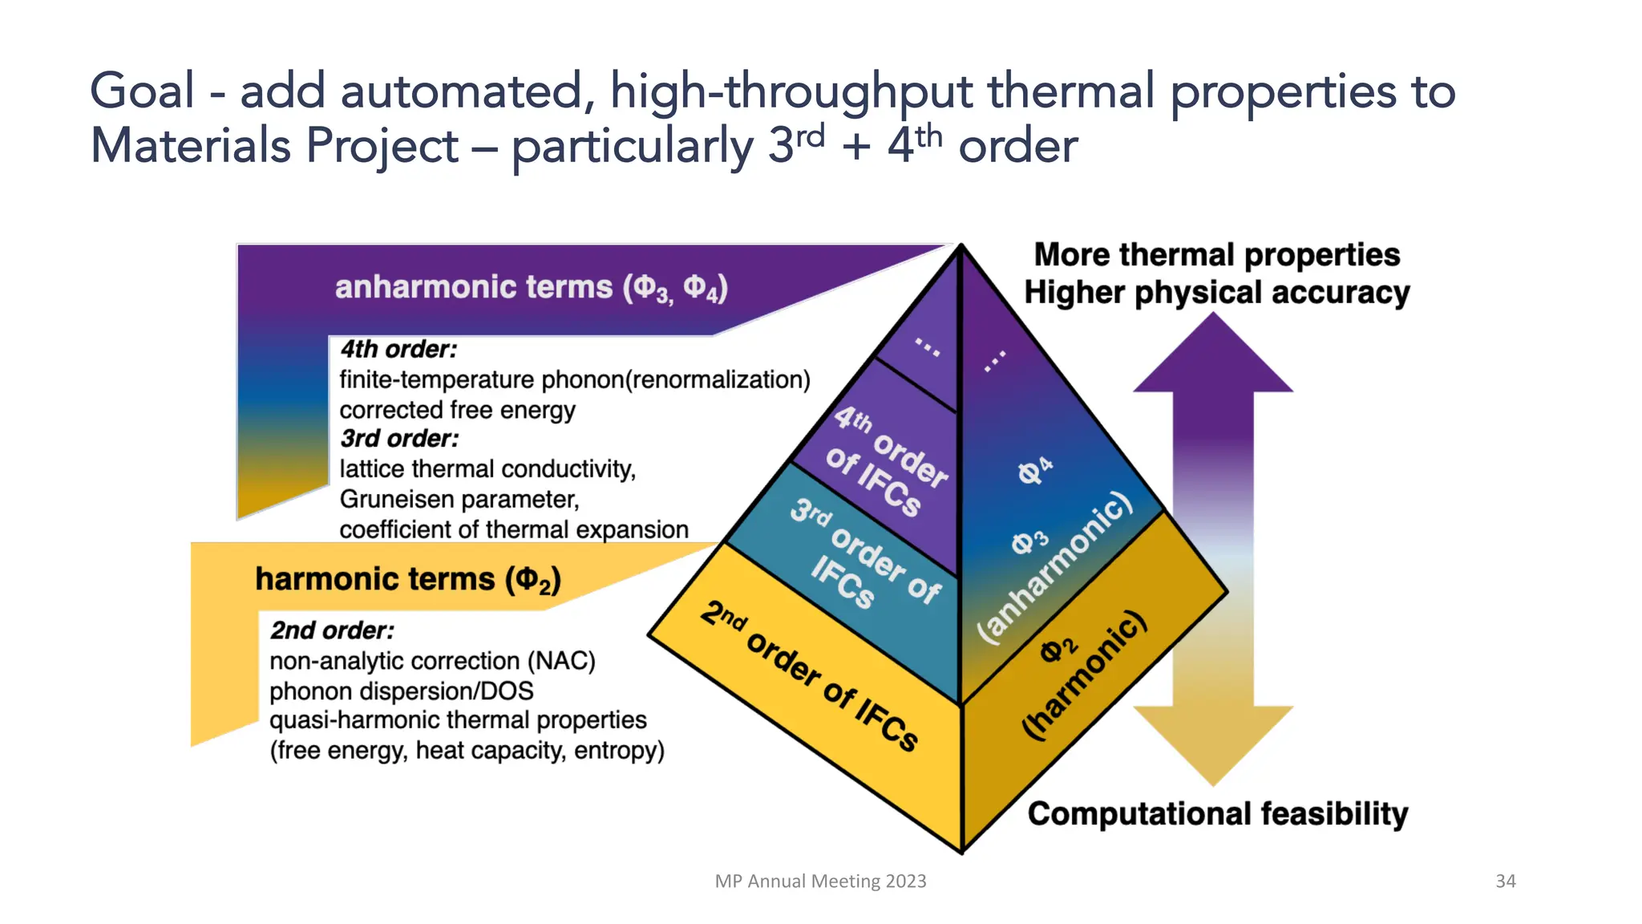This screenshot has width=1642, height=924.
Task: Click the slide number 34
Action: (x=1505, y=881)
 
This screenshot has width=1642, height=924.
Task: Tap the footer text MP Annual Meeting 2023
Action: (x=820, y=881)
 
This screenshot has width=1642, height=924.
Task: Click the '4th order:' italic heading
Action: (x=398, y=350)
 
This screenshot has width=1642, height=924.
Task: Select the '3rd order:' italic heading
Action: (x=399, y=439)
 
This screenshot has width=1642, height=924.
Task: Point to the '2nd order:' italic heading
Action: (x=332, y=630)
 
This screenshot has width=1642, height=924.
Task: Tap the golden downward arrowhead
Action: (x=1213, y=742)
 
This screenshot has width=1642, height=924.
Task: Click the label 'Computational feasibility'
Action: (x=1217, y=813)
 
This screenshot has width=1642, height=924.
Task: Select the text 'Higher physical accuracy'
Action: (x=1216, y=293)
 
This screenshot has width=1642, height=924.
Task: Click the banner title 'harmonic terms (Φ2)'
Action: (x=407, y=579)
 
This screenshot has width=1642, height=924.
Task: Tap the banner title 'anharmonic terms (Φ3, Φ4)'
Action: (x=531, y=287)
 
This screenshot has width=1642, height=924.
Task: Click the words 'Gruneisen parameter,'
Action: (x=459, y=500)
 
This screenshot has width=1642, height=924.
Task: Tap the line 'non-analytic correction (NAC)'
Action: (x=432, y=661)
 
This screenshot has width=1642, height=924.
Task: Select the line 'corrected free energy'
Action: (x=457, y=410)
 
